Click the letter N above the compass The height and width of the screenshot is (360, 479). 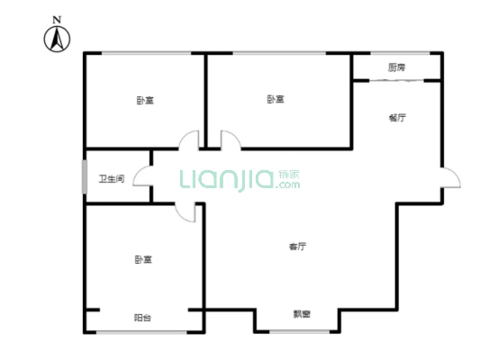point(57,19)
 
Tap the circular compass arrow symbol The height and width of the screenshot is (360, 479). point(57,38)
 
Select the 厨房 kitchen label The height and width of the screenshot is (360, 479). point(396,67)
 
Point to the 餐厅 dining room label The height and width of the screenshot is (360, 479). point(396,117)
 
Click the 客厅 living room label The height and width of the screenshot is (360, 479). point(297,246)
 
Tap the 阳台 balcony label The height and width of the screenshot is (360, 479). point(142,318)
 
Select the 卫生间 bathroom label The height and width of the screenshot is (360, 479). point(111,179)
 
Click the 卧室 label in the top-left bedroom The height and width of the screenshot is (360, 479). point(144,100)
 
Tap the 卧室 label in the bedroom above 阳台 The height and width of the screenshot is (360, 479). point(142,259)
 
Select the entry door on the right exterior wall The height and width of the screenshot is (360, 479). point(444,177)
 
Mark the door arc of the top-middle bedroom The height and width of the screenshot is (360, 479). point(229,140)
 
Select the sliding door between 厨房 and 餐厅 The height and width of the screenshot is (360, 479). point(396,81)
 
